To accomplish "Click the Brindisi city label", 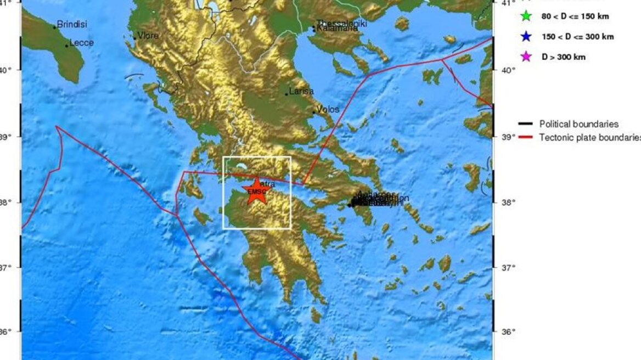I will tap(72, 25).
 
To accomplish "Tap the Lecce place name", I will tap(82, 43).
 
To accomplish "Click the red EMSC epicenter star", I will tap(256, 191).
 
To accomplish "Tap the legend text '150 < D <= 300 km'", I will tap(577, 37).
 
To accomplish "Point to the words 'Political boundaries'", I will tap(579, 125).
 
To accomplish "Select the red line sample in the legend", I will tap(525, 137).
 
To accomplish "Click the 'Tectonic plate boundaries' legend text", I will tap(590, 137).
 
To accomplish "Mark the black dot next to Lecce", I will tap(67, 46).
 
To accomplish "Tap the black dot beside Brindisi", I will tap(55, 27).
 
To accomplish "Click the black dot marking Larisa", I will tap(286, 94).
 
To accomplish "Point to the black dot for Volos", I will tap(314, 113).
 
